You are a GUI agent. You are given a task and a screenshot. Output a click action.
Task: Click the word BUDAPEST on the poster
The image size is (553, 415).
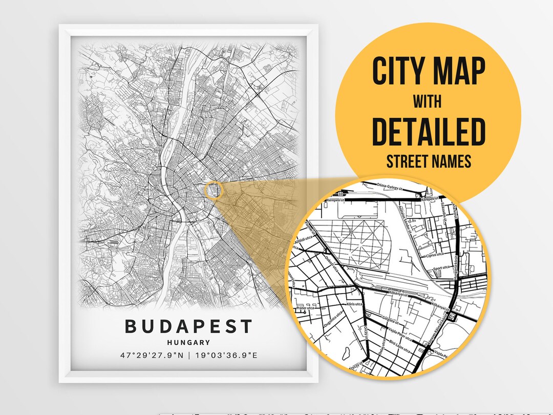pyautogui.click(x=189, y=326)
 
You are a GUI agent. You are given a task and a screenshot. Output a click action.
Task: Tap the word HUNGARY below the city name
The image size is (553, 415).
pyautogui.click(x=189, y=342)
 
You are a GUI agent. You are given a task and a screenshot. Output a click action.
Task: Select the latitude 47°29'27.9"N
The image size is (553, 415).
pyautogui.click(x=152, y=355)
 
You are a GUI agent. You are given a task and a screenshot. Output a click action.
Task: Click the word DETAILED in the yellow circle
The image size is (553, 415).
pyautogui.click(x=428, y=131)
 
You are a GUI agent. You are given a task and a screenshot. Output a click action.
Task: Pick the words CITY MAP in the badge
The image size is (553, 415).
pyautogui.click(x=428, y=72)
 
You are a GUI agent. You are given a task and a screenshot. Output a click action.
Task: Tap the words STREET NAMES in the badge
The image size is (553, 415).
pyautogui.click(x=428, y=162)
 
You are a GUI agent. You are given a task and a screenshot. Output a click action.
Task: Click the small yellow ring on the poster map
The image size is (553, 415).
pyautogui.click(x=214, y=191)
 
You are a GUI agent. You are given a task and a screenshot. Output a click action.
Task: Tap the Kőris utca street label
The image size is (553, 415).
pyautogui.click(x=353, y=304)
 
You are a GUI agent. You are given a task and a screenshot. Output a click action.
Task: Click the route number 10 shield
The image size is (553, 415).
pyautogui.click(x=340, y=194)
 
